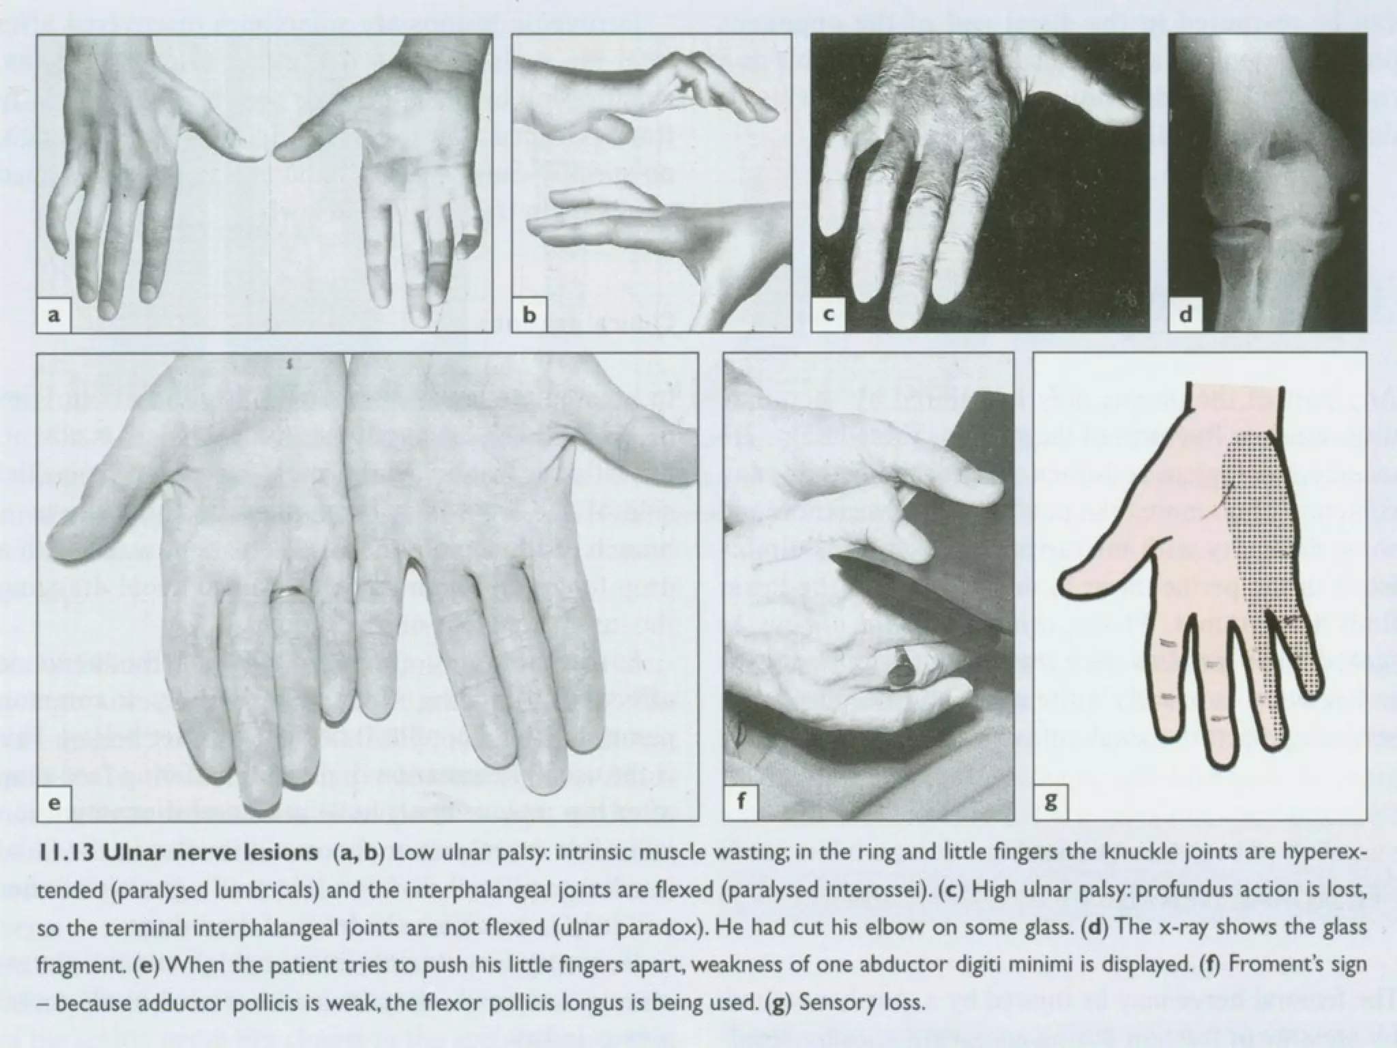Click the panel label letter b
(x=529, y=315)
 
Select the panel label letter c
(x=828, y=315)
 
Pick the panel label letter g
(x=1050, y=802)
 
